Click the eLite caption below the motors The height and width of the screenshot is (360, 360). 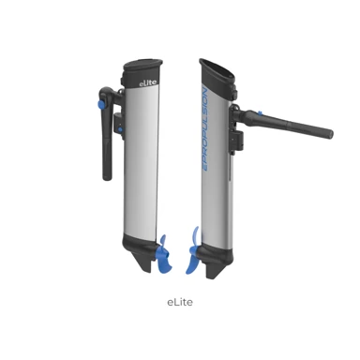pyautogui.click(x=180, y=302)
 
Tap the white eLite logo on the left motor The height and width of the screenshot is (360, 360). pyautogui.click(x=148, y=82)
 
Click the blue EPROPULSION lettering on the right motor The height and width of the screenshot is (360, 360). pyautogui.click(x=205, y=129)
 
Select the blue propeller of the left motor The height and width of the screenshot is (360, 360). pyautogui.click(x=164, y=254)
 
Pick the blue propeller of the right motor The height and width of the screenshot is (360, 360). pyautogui.click(x=193, y=250)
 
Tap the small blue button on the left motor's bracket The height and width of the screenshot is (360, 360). pyautogui.click(x=120, y=128)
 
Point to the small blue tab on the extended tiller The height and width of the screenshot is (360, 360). pyautogui.click(x=259, y=112)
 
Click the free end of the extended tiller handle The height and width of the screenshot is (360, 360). pyautogui.click(x=331, y=134)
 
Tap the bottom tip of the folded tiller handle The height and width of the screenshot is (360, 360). pyautogui.click(x=107, y=178)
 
